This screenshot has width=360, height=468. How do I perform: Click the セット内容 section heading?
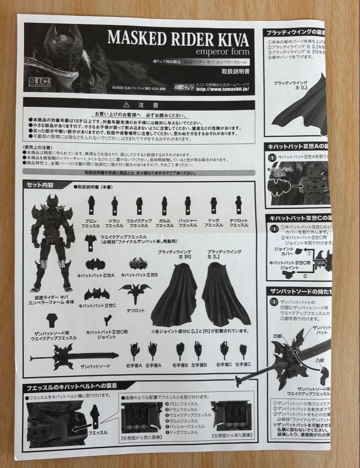40,185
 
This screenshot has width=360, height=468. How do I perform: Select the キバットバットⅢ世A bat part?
96,264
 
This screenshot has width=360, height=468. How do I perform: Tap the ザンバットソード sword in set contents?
74,356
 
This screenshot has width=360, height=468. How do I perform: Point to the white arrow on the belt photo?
81,429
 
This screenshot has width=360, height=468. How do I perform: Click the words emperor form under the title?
222,52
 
